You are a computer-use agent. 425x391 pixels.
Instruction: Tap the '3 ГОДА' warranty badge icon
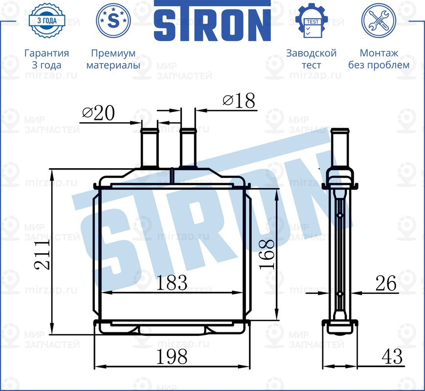(46, 21)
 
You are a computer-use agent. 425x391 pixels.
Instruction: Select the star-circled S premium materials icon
(113, 21)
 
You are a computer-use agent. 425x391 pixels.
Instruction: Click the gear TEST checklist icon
(311, 21)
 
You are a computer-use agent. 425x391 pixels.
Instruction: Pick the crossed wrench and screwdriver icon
(378, 21)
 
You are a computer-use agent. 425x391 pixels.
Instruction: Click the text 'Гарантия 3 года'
(46, 59)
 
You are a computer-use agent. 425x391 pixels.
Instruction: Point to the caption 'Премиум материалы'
(113, 59)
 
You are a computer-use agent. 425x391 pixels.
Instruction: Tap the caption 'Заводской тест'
(311, 59)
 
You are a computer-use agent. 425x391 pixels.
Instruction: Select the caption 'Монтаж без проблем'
(379, 59)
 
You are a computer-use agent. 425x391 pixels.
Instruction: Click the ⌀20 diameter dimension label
(98, 113)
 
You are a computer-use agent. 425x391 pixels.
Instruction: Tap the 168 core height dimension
(266, 254)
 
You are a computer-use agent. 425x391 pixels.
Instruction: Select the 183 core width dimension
(172, 282)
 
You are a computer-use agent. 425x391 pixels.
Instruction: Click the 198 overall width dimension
(172, 357)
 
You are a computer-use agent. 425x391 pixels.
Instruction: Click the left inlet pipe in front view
(149, 149)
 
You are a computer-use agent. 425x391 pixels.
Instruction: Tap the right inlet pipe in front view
(188, 149)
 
